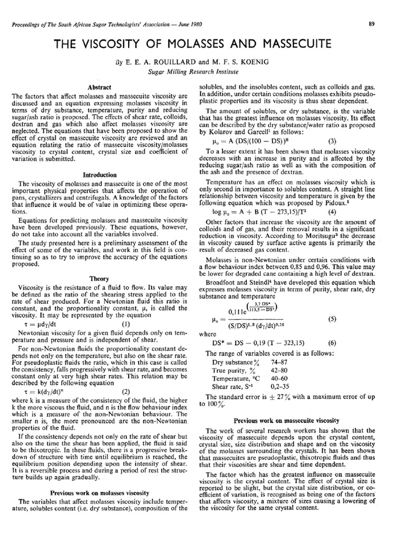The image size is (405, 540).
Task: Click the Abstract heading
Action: [x=99, y=86]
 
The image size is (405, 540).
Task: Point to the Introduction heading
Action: [x=99, y=175]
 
